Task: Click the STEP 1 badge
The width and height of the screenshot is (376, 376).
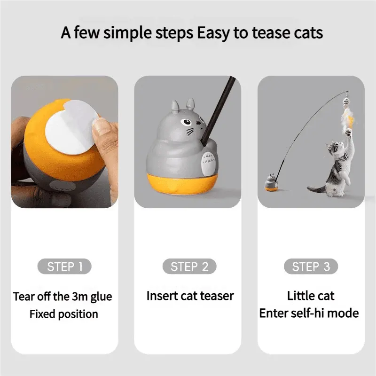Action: pos(64,266)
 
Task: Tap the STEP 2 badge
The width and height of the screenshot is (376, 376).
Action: pos(189,266)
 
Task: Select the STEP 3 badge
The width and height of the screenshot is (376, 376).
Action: pos(311,266)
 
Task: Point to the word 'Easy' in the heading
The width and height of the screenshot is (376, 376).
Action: pos(213,33)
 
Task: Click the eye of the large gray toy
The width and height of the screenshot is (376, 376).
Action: pos(186,122)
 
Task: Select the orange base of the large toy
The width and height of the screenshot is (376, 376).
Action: pos(182,184)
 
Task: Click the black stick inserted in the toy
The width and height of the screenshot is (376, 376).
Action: pos(219,111)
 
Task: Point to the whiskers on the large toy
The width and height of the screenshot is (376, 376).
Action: pos(190,131)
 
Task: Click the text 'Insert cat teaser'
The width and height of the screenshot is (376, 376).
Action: pos(190,296)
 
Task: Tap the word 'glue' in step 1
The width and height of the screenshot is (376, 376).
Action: pos(102,298)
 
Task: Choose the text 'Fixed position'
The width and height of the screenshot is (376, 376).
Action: pos(64,314)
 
